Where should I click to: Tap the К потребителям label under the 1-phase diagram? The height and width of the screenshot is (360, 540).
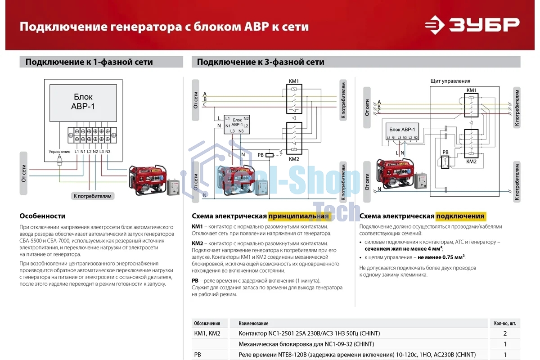[x=92, y=196]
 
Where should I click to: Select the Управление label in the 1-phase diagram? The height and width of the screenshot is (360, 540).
[x=59, y=152]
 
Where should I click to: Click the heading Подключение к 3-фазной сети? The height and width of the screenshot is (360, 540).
[x=261, y=62]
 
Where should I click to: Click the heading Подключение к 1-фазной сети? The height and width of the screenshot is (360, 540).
[x=89, y=62]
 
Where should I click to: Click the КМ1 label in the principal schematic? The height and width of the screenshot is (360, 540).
[x=294, y=81]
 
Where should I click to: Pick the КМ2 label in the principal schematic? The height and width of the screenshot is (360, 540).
[x=294, y=159]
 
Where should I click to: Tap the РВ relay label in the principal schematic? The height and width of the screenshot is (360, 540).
[x=261, y=155]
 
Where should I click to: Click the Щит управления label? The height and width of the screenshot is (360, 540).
[x=450, y=81]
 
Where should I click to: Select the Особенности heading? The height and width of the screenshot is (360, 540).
[x=42, y=216]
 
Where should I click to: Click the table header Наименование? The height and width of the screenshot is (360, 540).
[x=253, y=323]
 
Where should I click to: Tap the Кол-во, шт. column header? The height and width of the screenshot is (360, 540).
[x=504, y=323]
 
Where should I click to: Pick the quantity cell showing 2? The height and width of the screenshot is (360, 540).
[x=504, y=333]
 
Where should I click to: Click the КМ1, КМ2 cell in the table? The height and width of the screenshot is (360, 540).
[x=207, y=333]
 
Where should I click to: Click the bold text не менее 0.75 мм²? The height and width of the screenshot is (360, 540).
[x=441, y=257]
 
